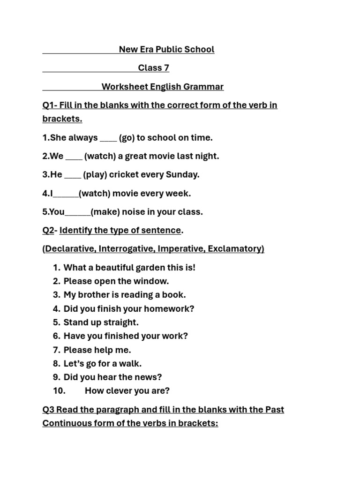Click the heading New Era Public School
click(x=166, y=49)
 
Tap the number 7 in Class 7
click(x=166, y=68)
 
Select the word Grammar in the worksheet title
click(x=203, y=87)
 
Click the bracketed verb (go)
click(x=127, y=138)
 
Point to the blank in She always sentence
click(x=108, y=139)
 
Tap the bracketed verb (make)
click(x=105, y=212)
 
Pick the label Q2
click(x=48, y=230)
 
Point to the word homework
click(x=172, y=309)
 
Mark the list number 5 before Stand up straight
click(x=56, y=322)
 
